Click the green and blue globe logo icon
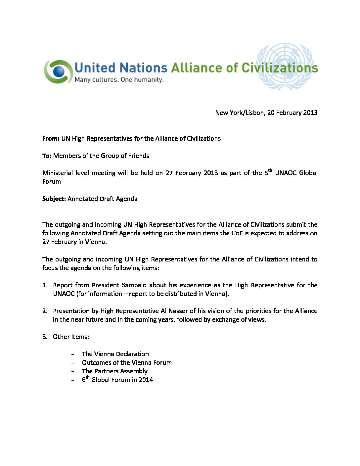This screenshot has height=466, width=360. click(58, 71)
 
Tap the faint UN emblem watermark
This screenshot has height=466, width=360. click(285, 66)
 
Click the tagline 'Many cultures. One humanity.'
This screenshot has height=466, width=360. click(119, 80)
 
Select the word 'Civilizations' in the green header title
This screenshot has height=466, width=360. click(280, 68)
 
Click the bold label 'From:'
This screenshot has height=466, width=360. click(51, 139)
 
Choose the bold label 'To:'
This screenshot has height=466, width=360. click(47, 156)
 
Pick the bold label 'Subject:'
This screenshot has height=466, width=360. click(54, 199)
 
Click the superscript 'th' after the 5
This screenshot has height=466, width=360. click(270, 171)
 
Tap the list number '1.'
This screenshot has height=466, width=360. click(45, 285)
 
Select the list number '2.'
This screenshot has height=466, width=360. click(45, 311)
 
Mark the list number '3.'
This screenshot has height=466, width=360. click(45, 337)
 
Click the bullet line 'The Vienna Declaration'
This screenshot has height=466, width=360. click(115, 354)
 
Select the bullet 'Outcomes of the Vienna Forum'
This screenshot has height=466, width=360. click(127, 363)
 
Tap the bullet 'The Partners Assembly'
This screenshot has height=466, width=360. click(114, 371)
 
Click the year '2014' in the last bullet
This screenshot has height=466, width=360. click(146, 380)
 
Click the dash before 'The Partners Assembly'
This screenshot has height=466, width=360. click(72, 372)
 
